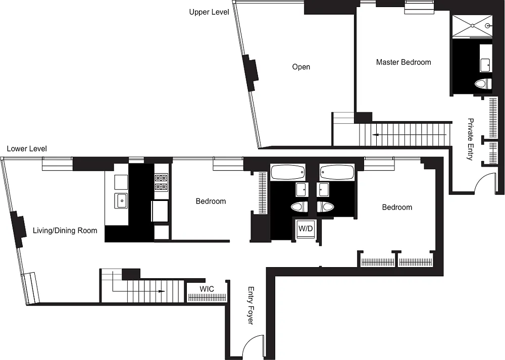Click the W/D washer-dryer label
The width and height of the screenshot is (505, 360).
click(306, 229)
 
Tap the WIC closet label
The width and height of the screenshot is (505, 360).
click(207, 289)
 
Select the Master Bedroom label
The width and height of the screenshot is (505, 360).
click(403, 62)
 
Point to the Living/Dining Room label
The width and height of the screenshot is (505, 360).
click(65, 231)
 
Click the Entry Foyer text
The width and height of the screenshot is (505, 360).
click(251, 305)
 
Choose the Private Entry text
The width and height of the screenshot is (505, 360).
click(471, 139)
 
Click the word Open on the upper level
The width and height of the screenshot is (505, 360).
click(301, 67)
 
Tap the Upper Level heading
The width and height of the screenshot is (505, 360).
click(209, 12)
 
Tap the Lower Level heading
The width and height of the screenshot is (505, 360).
click(27, 149)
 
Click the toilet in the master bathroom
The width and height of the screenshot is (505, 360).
click(483, 84)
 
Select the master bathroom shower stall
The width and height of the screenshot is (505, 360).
click(472, 26)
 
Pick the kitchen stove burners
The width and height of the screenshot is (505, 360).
click(161, 182)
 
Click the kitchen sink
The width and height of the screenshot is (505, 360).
click(121, 201)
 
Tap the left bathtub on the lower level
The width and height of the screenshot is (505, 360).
click(288, 172)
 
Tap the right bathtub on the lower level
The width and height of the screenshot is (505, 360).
click(337, 172)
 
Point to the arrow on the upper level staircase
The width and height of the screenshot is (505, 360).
click(409, 135)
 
